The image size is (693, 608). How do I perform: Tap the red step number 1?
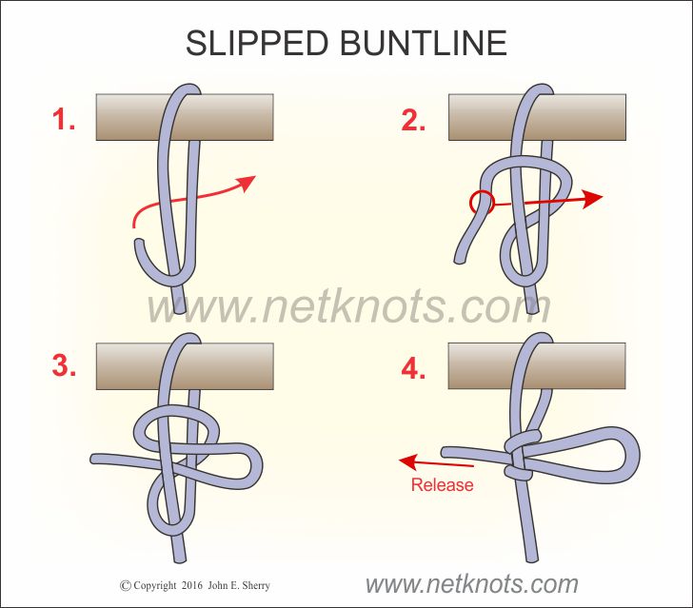(x=64, y=120)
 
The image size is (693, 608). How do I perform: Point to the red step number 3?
(x=64, y=366)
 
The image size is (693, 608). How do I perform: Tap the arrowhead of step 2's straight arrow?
(x=592, y=198)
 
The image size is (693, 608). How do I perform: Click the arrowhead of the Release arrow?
(x=407, y=462)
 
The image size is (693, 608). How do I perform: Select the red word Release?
(x=442, y=485)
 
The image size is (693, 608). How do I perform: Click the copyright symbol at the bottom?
(x=125, y=586)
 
